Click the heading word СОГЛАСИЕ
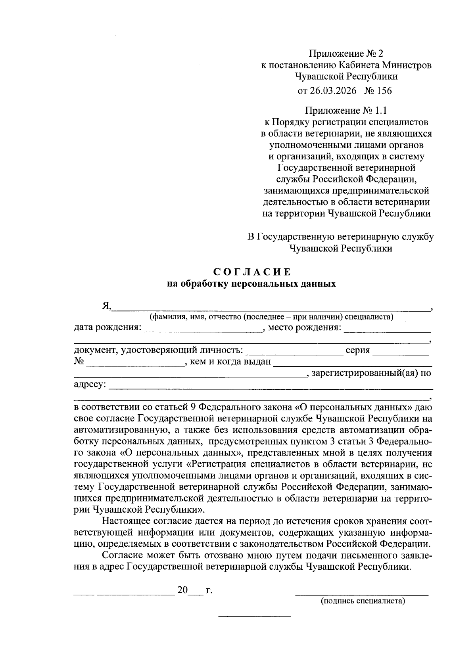(252, 272)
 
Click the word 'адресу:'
(90, 384)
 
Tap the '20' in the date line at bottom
(182, 590)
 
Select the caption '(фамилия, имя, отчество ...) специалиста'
(271, 317)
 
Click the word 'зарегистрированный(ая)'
(365, 373)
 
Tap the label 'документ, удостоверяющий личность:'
(158, 350)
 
